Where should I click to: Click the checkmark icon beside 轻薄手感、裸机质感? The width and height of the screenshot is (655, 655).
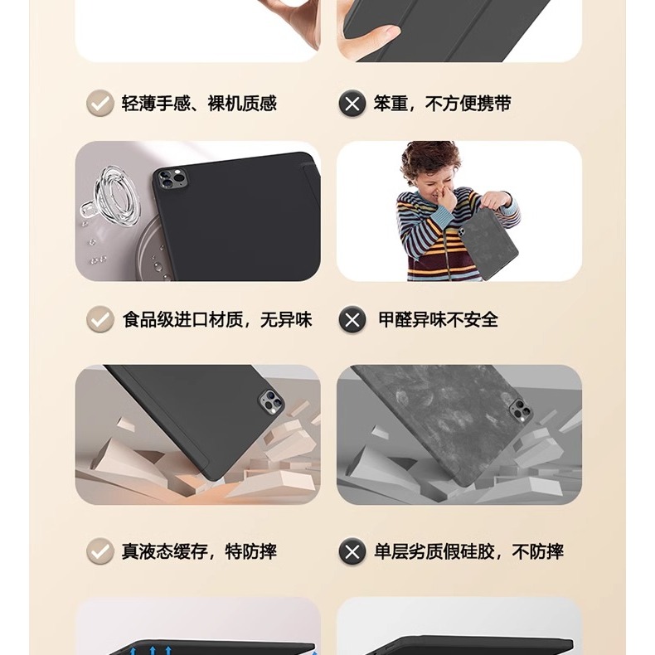point(100,104)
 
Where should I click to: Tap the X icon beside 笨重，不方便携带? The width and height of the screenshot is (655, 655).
point(352,104)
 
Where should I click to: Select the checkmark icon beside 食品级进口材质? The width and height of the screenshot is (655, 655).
point(100,319)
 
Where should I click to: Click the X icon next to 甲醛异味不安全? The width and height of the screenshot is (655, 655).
point(352,319)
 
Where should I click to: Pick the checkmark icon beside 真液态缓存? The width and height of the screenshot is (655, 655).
point(100,551)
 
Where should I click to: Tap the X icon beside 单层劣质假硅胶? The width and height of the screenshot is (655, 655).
point(352,551)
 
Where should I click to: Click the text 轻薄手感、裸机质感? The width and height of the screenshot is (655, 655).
point(199,104)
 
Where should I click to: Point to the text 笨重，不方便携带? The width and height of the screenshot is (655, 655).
point(442,104)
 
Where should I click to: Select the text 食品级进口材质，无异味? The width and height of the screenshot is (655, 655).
point(217,319)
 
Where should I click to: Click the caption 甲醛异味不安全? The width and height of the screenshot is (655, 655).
point(438,319)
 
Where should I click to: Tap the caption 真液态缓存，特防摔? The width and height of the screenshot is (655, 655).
point(199,551)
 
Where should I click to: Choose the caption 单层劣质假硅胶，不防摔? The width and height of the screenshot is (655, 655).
point(468,551)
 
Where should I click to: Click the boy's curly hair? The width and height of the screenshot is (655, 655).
point(429,158)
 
